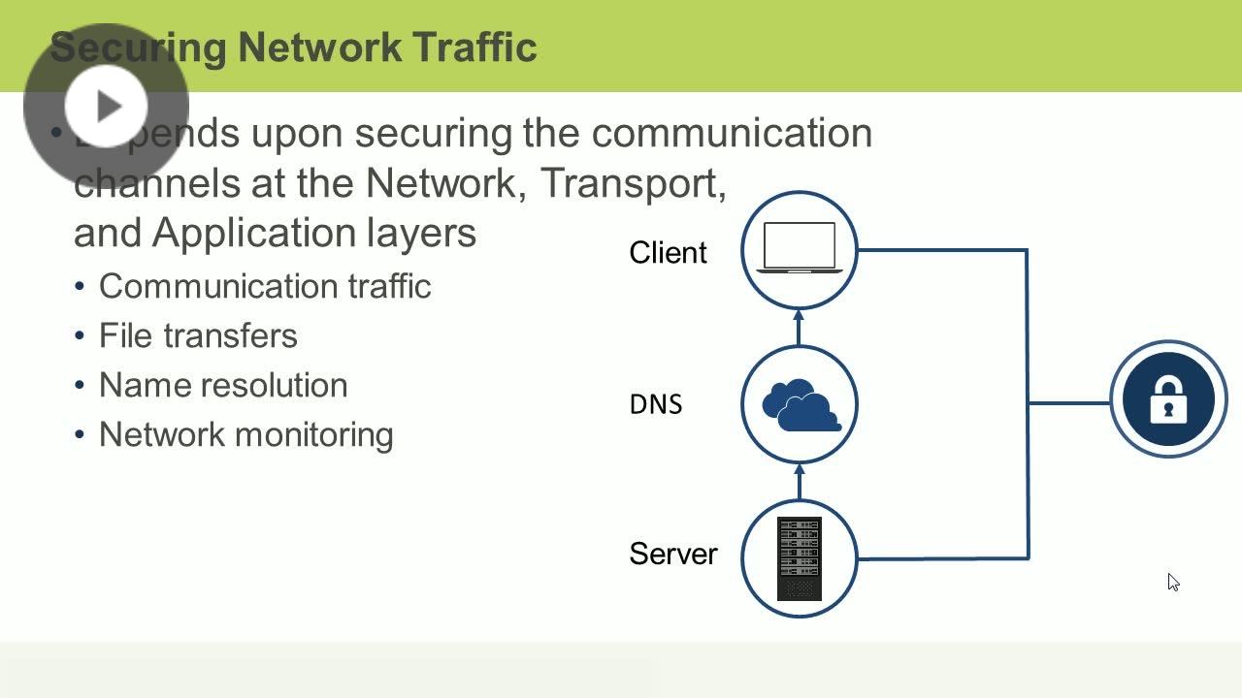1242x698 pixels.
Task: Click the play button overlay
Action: click(106, 106)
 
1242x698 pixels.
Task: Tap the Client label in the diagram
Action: click(668, 253)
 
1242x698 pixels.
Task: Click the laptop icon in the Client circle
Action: click(799, 248)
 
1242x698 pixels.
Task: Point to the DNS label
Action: click(656, 404)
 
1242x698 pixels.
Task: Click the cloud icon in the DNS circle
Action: click(801, 405)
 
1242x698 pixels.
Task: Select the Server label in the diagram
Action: click(672, 554)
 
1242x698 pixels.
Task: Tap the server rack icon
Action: click(800, 559)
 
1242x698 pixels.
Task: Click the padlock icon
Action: click(1168, 399)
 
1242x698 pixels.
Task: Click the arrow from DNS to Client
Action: click(800, 327)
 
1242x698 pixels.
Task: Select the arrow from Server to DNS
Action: click(800, 481)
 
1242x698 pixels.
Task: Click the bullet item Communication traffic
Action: click(264, 286)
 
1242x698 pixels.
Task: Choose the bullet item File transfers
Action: click(198, 335)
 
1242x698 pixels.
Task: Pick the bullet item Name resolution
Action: click(223, 385)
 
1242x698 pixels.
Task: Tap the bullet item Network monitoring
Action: click(245, 434)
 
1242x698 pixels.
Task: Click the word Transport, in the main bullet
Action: click(633, 182)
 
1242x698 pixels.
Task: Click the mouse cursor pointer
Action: click(1172, 581)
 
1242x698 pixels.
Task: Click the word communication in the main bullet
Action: click(732, 132)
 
